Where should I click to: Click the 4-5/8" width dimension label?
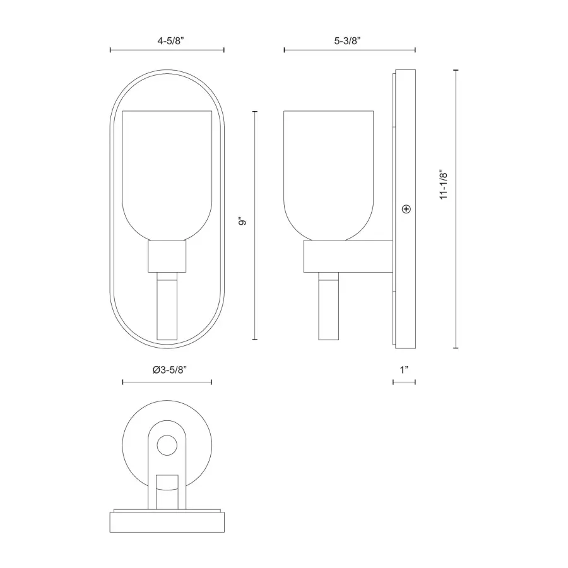point(170,40)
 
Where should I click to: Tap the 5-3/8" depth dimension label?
point(347,40)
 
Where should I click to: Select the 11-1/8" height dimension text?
point(444,184)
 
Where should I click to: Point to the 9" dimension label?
point(242,221)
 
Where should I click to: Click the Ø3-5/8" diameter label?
point(170,370)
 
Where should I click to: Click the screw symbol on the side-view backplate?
point(406,209)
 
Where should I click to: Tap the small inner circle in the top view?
point(167,445)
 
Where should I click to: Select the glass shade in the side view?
point(329,175)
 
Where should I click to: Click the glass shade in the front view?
point(167,175)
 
